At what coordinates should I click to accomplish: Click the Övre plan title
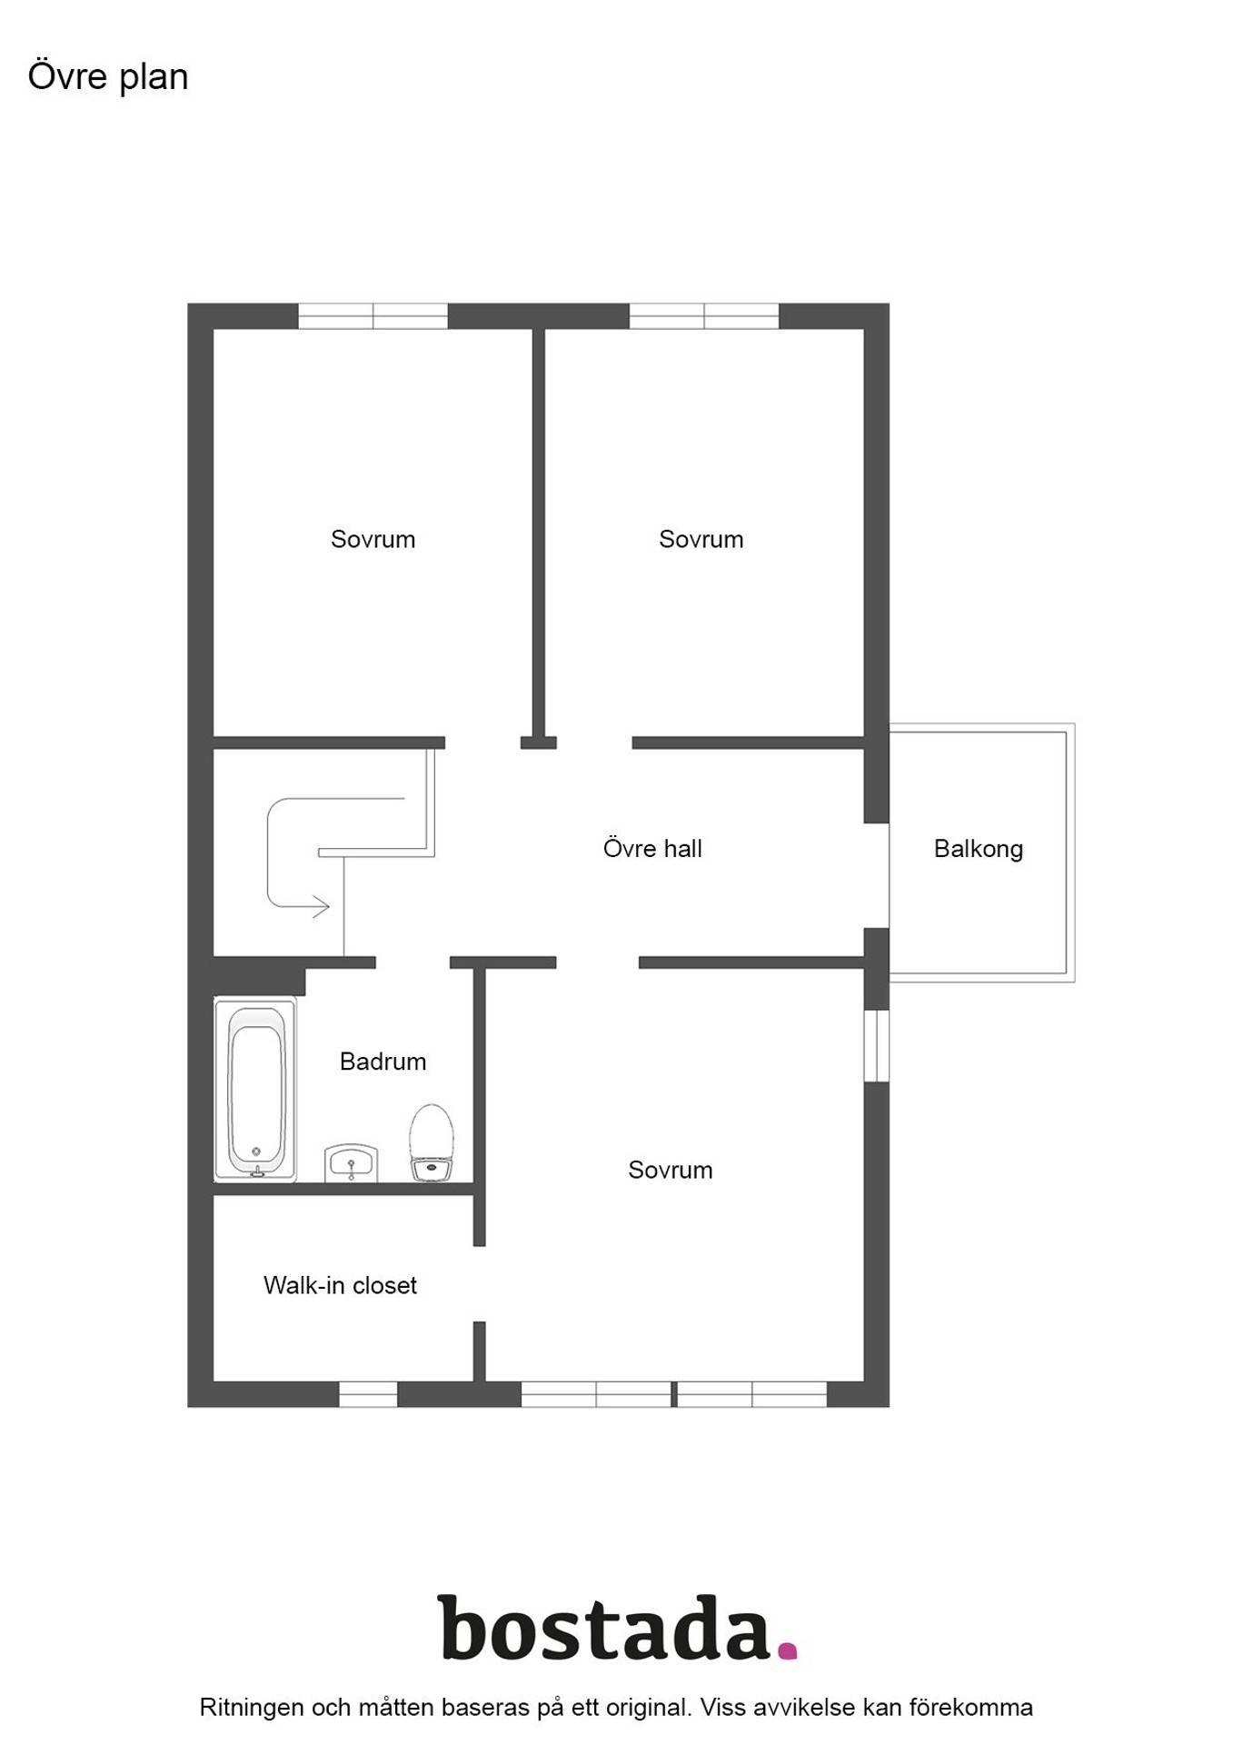coord(108,77)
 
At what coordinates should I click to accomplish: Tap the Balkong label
coord(979,849)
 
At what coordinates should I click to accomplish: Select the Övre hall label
coord(652,849)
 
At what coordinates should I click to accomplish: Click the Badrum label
coord(383,1062)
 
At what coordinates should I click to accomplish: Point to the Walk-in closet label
coord(340,1285)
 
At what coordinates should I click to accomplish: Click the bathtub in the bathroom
coord(255,1090)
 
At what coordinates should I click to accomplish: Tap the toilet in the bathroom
coord(432,1142)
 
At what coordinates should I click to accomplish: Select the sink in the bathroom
coord(351,1163)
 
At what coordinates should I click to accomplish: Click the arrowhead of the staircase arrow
coord(322,906)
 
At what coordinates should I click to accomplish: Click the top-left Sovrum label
coord(373,540)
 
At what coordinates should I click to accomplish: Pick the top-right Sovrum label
coord(701,540)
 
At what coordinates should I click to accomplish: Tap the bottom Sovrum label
coord(670,1170)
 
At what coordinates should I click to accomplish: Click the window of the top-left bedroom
coord(373,316)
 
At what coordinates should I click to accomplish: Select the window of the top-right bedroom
coord(704,316)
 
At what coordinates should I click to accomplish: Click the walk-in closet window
coord(368,1394)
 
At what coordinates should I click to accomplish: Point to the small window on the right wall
coord(876,1045)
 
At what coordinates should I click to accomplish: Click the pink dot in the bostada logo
coord(787,1650)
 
